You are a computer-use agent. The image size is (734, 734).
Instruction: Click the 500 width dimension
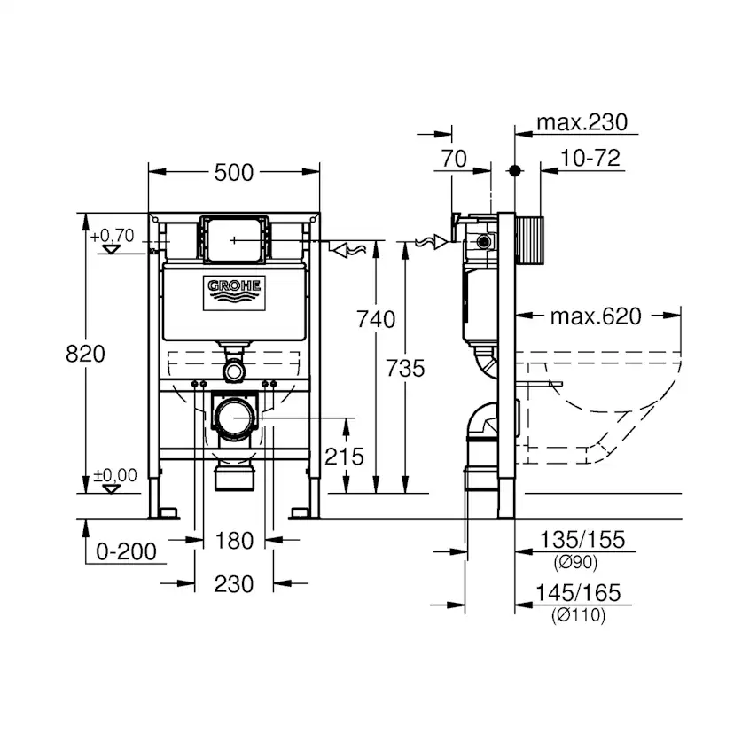point(234,172)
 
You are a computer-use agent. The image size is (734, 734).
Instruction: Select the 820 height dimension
point(86,353)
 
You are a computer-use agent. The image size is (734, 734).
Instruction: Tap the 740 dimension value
point(376,318)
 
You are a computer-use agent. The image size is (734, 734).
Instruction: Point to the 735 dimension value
point(405,367)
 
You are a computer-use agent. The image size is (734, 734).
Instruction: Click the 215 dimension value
point(344,456)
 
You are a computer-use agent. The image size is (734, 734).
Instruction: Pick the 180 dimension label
point(234,540)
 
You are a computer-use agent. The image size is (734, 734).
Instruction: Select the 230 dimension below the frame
point(234,583)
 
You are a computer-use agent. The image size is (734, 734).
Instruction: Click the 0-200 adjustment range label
point(126,551)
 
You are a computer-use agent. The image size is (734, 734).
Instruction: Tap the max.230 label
point(588,121)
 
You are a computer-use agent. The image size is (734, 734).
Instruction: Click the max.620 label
point(595,316)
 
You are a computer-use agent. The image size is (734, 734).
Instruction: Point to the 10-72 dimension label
point(590,159)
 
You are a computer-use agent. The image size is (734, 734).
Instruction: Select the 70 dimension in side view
point(453,159)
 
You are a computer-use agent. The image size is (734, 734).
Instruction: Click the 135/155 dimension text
point(581,539)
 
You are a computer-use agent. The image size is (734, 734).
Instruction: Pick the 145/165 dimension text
point(581,593)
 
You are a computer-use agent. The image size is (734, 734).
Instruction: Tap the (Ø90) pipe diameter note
point(576,561)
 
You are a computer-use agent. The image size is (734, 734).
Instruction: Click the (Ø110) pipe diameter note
point(580,615)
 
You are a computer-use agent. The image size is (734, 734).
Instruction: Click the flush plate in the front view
point(234,238)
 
